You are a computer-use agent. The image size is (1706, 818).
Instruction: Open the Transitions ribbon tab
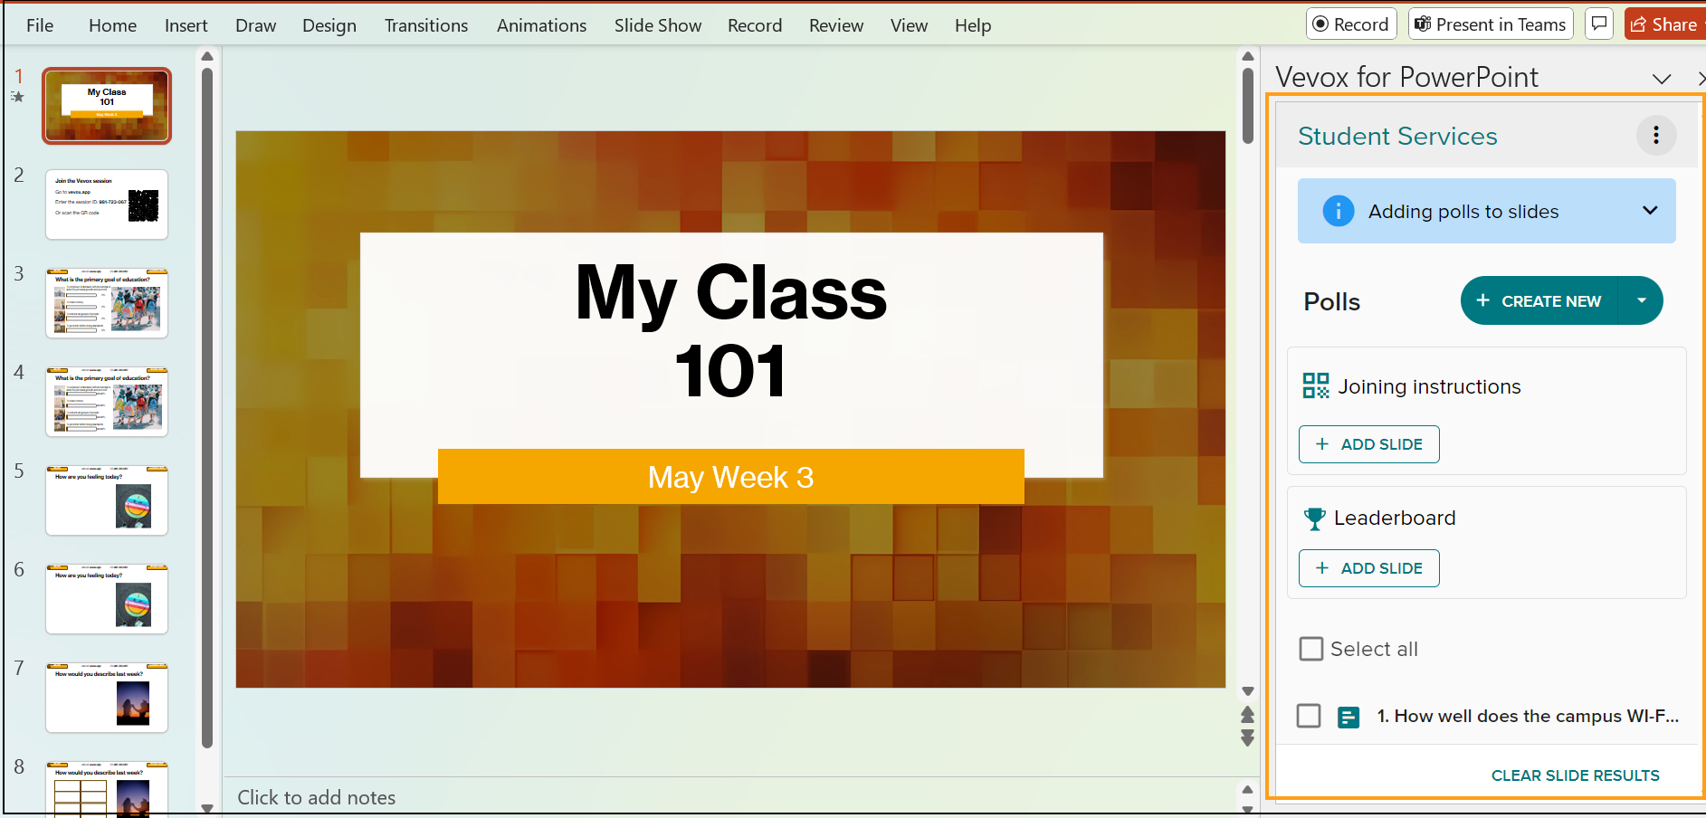[x=425, y=25]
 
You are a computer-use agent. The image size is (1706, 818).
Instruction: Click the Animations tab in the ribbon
[x=541, y=25]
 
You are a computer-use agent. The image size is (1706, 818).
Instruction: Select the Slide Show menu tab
[x=657, y=25]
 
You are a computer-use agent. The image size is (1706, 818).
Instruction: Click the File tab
[x=40, y=25]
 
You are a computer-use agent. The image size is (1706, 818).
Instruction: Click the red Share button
[x=1663, y=24]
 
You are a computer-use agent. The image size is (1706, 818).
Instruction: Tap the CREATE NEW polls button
[x=1539, y=301]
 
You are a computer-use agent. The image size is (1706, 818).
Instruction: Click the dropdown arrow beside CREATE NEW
[x=1642, y=301]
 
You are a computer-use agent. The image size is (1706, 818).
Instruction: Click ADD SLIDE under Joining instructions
[x=1368, y=444]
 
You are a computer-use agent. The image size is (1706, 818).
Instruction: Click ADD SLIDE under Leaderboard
[x=1368, y=568]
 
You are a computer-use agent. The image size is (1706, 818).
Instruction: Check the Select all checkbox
[x=1310, y=649]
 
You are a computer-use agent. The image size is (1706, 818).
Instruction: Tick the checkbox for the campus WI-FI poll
[x=1309, y=716]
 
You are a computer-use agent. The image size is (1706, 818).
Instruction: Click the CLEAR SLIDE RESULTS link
[x=1575, y=775]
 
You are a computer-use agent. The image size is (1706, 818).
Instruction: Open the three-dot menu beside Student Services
[x=1656, y=136]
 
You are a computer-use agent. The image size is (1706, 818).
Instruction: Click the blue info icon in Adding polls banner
[x=1339, y=211]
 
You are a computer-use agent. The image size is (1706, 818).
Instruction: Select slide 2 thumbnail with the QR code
[x=107, y=204]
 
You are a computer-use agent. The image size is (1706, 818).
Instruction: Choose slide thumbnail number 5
[x=107, y=500]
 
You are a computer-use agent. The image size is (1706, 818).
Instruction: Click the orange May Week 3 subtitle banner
[x=730, y=477]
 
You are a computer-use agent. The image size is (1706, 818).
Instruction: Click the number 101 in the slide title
[x=730, y=371]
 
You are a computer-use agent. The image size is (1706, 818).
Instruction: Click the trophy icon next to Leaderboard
[x=1314, y=518]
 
